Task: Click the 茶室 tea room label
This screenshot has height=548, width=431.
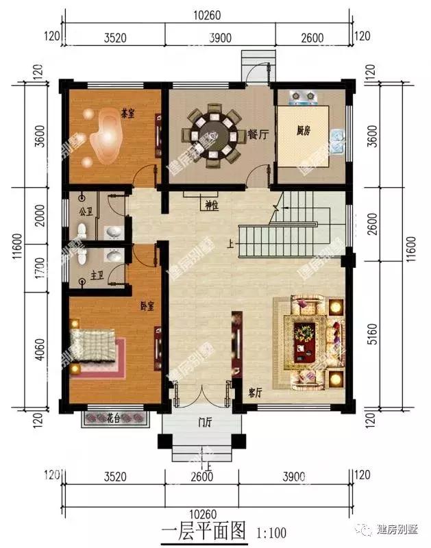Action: tap(127, 113)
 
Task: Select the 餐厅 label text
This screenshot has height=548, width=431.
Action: tap(257, 135)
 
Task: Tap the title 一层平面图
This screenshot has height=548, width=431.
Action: tap(203, 530)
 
